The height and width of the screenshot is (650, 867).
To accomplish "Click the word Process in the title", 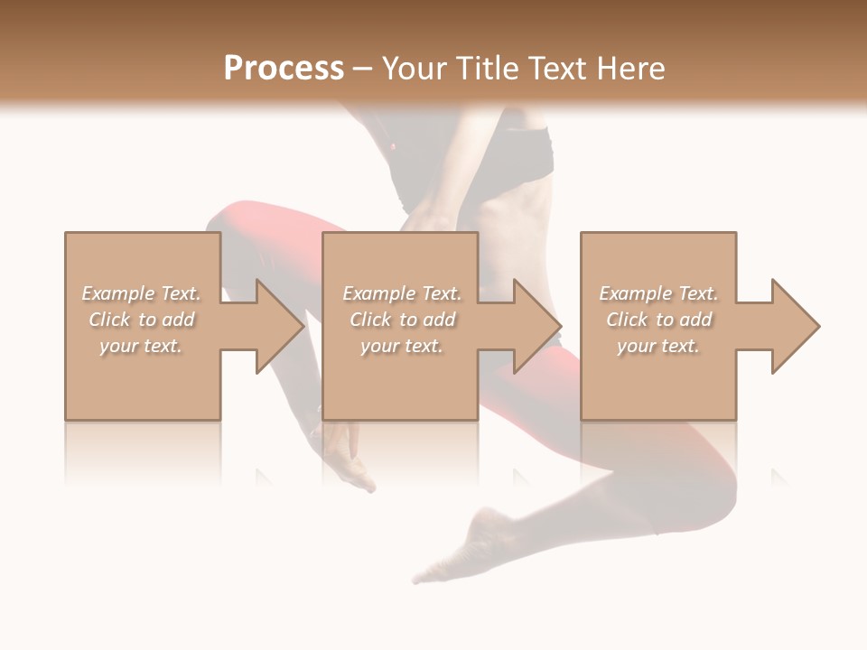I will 284,69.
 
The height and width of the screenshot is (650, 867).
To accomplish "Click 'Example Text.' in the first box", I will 141,293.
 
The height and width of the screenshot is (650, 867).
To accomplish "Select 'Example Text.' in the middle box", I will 401,293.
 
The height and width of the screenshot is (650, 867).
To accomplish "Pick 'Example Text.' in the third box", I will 658,293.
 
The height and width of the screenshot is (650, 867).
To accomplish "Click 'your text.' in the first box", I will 141,346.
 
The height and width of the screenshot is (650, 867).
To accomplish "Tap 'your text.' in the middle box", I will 401,346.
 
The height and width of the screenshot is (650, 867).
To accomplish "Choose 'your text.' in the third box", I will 658,346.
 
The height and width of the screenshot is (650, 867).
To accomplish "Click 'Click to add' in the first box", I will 141,320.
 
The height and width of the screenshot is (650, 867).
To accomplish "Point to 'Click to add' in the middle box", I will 401,320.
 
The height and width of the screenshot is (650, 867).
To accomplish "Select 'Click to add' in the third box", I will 658,320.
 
